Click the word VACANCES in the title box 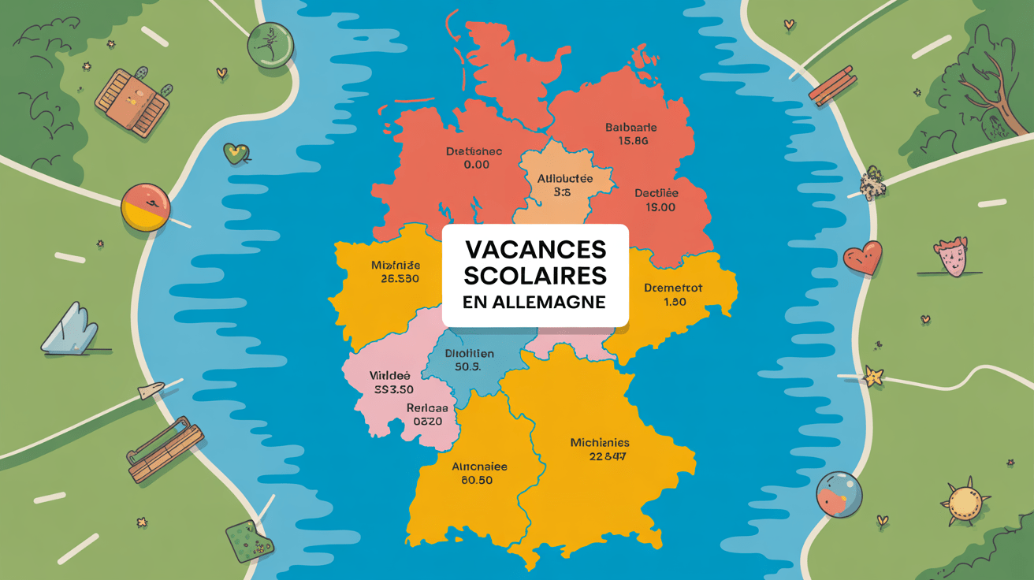535,250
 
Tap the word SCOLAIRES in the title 535,277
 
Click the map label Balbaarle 630,128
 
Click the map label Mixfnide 395,265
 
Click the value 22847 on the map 607,457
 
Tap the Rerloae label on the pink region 427,408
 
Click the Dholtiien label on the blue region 470,354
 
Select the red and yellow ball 146,207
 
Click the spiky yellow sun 963,501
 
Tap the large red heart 862,258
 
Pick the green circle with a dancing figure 270,44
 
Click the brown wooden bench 166,448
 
